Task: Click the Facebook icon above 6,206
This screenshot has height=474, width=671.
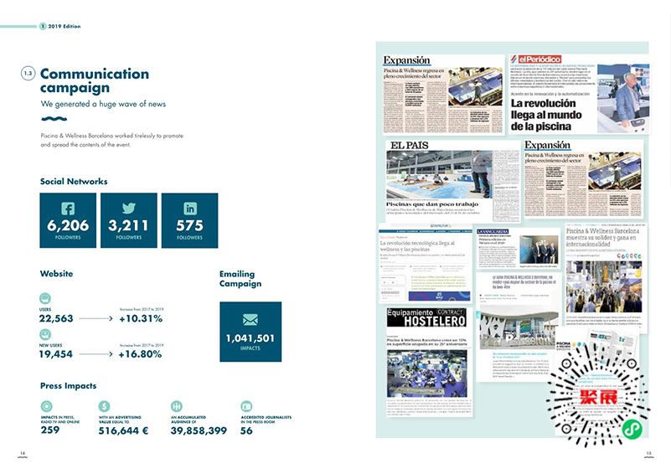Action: pyautogui.click(x=68, y=209)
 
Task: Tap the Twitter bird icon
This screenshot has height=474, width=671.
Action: pyautogui.click(x=128, y=209)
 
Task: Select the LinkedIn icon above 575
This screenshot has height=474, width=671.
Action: pyautogui.click(x=189, y=209)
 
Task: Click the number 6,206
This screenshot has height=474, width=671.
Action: pyautogui.click(x=68, y=225)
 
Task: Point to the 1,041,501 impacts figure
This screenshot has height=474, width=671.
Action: pyautogui.click(x=250, y=338)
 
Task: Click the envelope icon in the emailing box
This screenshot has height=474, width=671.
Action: pyautogui.click(x=250, y=320)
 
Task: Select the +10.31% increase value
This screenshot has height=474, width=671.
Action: pyautogui.click(x=141, y=318)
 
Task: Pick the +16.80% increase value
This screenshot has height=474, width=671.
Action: pyautogui.click(x=141, y=353)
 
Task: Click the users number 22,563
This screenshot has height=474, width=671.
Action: pyautogui.click(x=57, y=318)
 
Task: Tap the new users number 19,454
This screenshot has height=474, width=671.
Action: pyautogui.click(x=57, y=354)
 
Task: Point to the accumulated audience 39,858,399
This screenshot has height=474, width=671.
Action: pyautogui.click(x=199, y=430)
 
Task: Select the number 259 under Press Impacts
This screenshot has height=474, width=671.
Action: pyautogui.click(x=50, y=430)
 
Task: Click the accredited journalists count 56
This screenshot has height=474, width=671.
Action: pyautogui.click(x=246, y=430)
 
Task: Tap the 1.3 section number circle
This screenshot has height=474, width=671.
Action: pyautogui.click(x=28, y=75)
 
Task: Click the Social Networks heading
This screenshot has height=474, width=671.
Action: pyautogui.click(x=74, y=181)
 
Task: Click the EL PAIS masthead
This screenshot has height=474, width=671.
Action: pyautogui.click(x=409, y=147)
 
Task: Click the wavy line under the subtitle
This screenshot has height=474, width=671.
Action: pyautogui.click(x=54, y=120)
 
